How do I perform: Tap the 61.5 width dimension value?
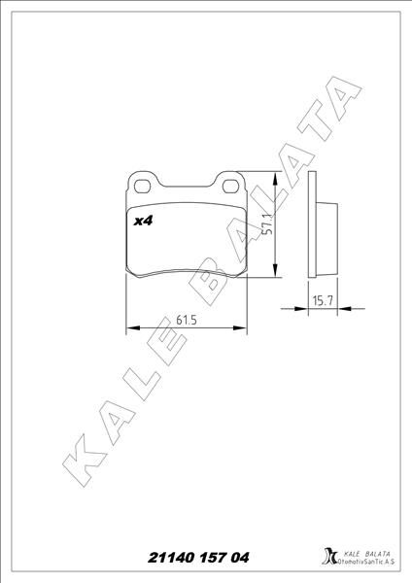pyautogui.click(x=188, y=318)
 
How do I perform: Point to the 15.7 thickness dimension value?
pyautogui.click(x=322, y=301)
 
